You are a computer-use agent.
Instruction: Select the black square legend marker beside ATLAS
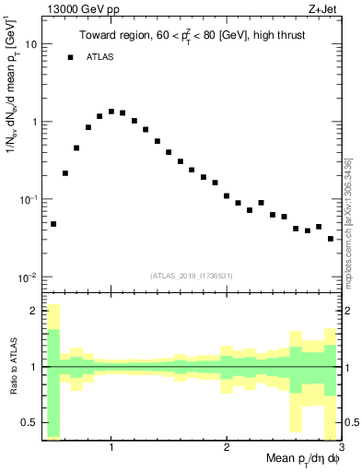[x=70, y=57]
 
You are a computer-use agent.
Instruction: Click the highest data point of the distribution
[x=111, y=112]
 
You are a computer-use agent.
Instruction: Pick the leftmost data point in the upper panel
[x=53, y=224]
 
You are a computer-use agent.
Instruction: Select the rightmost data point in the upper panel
[x=331, y=239]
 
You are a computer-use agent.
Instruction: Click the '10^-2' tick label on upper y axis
[x=28, y=277]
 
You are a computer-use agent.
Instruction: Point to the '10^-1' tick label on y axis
[x=28, y=200]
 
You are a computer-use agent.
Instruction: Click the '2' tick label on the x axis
[x=227, y=447]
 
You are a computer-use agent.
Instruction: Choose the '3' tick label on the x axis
[x=341, y=447]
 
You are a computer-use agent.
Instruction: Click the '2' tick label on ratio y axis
[x=33, y=311]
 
